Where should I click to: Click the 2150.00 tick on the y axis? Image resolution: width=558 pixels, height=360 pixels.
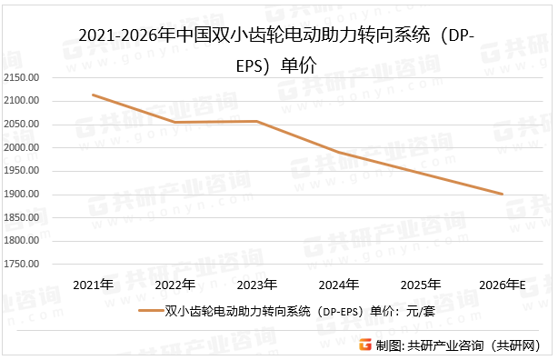tap(22, 77)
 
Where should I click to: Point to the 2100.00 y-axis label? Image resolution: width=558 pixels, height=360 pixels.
tap(22, 101)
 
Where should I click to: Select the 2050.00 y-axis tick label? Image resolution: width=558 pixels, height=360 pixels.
tap(22, 124)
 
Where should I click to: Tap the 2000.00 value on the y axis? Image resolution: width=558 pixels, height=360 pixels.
tap(22, 147)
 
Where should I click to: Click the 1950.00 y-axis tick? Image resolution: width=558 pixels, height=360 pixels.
tap(22, 171)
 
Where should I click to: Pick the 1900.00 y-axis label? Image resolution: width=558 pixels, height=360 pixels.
tap(22, 195)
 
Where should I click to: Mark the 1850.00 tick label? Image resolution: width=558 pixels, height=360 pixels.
tap(22, 217)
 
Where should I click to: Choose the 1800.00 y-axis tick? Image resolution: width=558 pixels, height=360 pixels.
tap(22, 241)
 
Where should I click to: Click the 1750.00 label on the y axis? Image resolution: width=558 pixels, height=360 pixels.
tap(22, 265)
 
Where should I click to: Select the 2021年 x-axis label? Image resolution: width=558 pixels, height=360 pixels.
tap(94, 285)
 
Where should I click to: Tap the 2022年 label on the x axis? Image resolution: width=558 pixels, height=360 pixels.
tap(175, 285)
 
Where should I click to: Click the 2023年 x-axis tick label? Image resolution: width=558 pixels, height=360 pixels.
tap(257, 285)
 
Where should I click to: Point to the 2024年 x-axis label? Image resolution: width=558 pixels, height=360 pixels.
tap(339, 285)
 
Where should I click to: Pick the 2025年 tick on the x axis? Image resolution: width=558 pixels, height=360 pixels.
tap(421, 285)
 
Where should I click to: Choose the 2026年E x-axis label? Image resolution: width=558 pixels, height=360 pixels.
tap(503, 285)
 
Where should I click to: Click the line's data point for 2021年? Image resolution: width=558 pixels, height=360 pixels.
tap(94, 95)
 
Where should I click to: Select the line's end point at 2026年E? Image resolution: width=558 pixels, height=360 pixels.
tap(503, 194)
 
